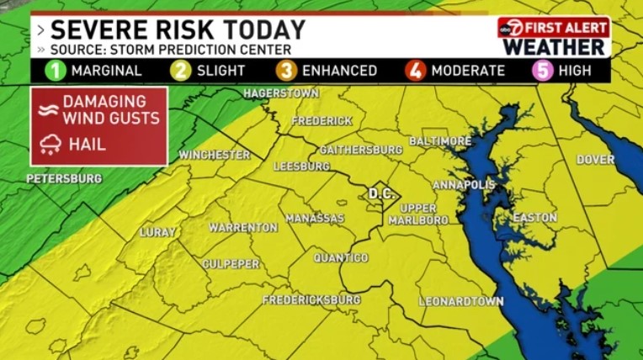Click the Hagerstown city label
point(281,93)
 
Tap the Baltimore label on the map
point(439,140)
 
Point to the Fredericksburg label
point(311,299)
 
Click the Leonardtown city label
point(461,301)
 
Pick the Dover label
point(595,159)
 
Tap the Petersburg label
point(64,178)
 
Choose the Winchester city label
point(215,155)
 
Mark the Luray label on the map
point(158,231)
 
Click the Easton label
point(535,218)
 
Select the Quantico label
point(341,257)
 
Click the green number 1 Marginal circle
point(56,71)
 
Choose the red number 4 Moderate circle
point(416,71)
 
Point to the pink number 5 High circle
point(544,71)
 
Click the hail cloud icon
point(49,144)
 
